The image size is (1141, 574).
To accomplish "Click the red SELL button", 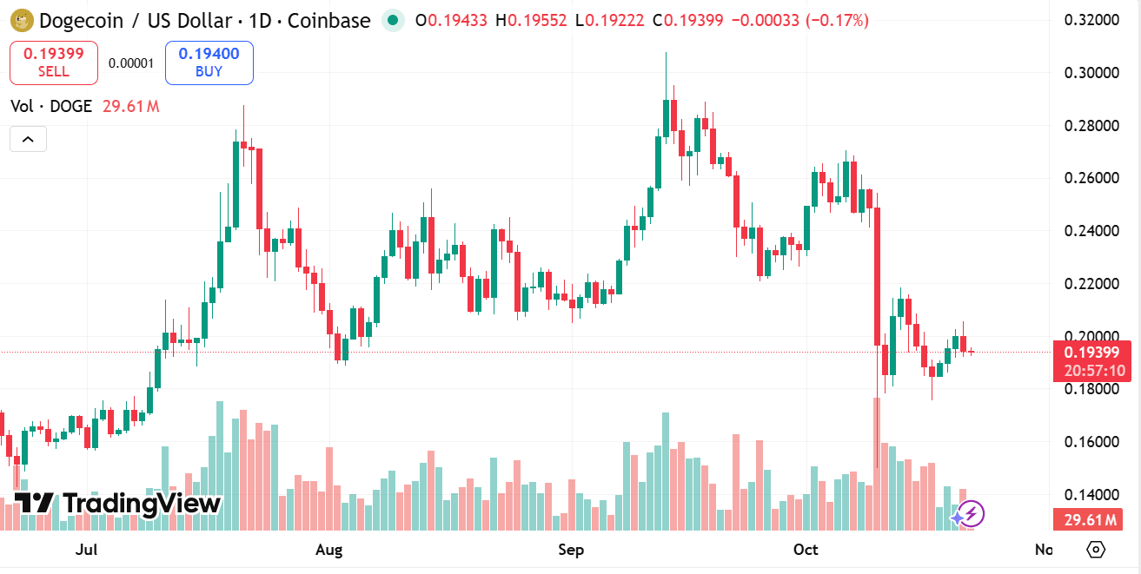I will tap(53, 63).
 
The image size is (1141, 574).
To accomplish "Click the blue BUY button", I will tap(209, 63).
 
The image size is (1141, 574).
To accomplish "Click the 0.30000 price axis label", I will tap(1091, 72).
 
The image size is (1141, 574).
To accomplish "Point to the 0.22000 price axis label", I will tap(1091, 284).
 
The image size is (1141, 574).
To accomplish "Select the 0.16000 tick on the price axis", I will tap(1091, 442).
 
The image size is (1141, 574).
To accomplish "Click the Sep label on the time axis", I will tap(571, 550).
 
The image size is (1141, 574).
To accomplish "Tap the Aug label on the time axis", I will tap(329, 550).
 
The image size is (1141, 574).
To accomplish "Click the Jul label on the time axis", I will tap(86, 550).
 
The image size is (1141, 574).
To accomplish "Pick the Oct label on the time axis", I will tap(806, 550).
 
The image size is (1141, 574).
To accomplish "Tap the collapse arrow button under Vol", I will tap(28, 139).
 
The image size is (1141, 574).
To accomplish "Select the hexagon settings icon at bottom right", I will tap(1096, 550).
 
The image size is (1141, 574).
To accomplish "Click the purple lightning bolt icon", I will tap(970, 514).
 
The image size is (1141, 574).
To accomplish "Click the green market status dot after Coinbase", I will tap(394, 20).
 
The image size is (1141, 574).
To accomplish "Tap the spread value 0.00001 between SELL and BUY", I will tap(131, 63).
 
